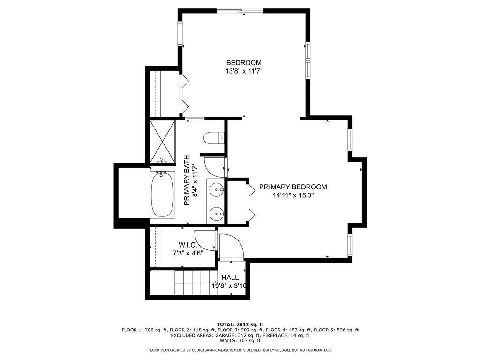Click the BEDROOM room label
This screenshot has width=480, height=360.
244,63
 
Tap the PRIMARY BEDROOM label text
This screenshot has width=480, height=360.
292,187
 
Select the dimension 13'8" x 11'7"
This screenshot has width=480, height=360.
244,72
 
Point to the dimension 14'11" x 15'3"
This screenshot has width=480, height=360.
292,195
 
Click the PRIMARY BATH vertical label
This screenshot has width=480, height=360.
186,180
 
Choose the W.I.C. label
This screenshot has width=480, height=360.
188,245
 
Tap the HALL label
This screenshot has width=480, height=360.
230,277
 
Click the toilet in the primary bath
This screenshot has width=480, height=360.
214,138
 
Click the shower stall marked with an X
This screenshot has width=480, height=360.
162,141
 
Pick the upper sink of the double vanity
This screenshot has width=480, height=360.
217,190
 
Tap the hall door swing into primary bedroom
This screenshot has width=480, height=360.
230,246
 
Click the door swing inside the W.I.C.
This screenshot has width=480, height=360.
204,240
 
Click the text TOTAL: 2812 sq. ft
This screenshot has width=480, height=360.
240,324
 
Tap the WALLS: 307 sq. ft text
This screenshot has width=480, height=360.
240,341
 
